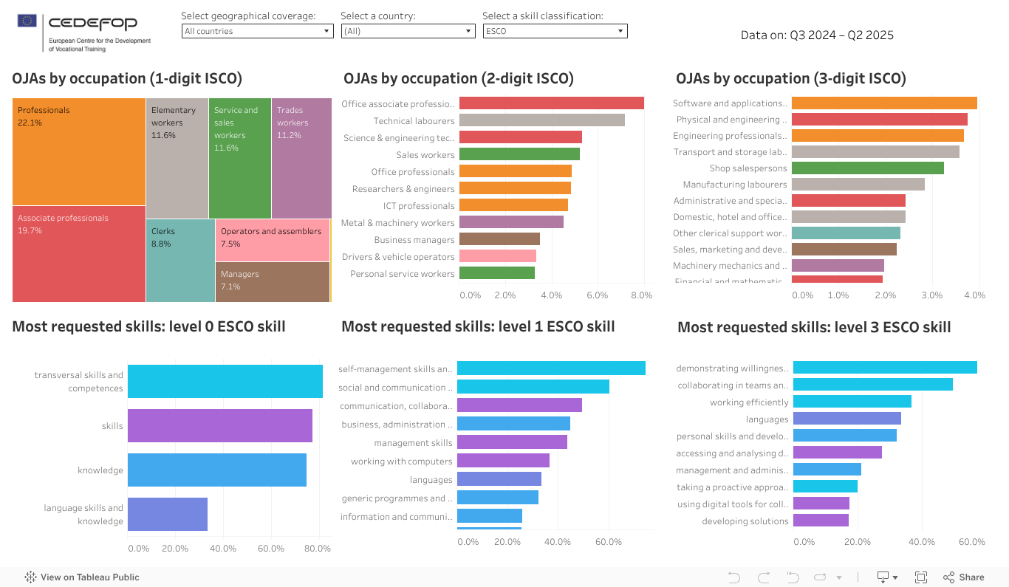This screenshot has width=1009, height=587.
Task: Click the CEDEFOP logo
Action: (x=83, y=32)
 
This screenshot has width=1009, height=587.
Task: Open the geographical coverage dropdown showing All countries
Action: (x=257, y=31)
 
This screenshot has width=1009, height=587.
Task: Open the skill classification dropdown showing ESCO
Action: (x=555, y=31)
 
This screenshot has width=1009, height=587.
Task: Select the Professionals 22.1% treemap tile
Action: (x=79, y=151)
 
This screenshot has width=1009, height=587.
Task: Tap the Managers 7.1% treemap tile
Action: (x=272, y=281)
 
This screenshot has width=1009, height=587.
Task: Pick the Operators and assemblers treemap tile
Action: (x=272, y=240)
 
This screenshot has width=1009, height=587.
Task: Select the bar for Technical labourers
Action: (x=541, y=120)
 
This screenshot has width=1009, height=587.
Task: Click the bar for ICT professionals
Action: (x=513, y=205)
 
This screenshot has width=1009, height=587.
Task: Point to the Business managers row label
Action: (x=414, y=240)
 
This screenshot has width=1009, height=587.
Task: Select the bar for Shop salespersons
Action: (x=867, y=168)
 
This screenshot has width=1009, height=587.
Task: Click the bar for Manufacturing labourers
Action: (x=858, y=185)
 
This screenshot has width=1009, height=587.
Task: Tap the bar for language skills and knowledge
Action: (x=167, y=514)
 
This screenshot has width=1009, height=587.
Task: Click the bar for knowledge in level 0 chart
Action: (x=216, y=470)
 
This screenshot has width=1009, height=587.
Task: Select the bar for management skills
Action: (x=512, y=442)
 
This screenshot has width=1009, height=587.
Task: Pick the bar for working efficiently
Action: (x=852, y=402)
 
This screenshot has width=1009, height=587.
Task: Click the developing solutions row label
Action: (x=745, y=521)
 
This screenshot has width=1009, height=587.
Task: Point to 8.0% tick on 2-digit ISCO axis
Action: (x=641, y=295)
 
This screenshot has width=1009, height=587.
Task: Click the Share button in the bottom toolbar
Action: (x=964, y=577)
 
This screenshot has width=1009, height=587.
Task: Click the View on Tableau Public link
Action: (x=82, y=577)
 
